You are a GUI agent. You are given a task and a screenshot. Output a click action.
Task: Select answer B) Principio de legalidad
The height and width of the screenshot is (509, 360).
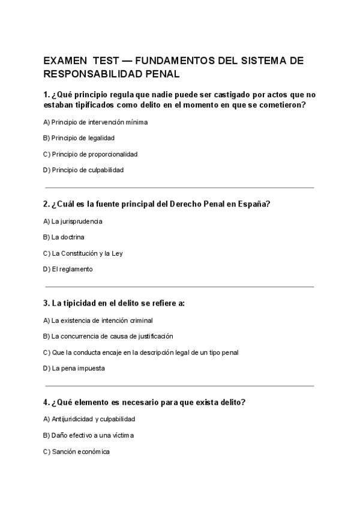pyautogui.click(x=79, y=138)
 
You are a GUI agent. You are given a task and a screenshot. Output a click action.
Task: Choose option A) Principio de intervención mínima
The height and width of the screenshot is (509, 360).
pyautogui.click(x=95, y=122)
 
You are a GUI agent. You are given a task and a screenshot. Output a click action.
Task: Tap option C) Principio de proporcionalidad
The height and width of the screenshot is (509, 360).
pyautogui.click(x=90, y=154)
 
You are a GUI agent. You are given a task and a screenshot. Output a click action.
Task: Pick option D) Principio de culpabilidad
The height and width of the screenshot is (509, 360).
pyautogui.click(x=83, y=170)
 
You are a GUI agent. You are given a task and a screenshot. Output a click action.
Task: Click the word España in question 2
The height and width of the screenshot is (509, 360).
pyautogui.click(x=253, y=203)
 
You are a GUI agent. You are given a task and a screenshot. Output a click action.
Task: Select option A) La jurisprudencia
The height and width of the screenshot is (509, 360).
pyautogui.click(x=73, y=221)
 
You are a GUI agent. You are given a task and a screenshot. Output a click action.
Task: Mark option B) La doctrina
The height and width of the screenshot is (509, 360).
pyautogui.click(x=64, y=237)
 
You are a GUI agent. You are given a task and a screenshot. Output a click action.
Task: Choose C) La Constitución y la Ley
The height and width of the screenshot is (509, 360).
pyautogui.click(x=83, y=253)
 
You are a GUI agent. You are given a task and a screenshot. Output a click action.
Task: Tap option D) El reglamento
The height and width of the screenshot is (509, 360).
pyautogui.click(x=68, y=269)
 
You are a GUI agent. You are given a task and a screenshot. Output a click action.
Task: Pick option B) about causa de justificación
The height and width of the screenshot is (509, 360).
pyautogui.click(x=108, y=336)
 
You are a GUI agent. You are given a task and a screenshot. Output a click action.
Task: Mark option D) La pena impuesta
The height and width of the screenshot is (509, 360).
pyautogui.click(x=74, y=368)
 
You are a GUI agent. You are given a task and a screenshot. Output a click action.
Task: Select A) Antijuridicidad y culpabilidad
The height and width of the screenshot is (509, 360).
pyautogui.click(x=89, y=419)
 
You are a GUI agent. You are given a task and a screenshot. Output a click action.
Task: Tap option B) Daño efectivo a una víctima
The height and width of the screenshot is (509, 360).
pyautogui.click(x=88, y=435)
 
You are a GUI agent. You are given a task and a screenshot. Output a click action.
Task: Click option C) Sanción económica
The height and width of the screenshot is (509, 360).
pyautogui.click(x=76, y=451)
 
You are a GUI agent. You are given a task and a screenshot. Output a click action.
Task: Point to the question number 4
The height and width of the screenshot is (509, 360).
pyautogui.click(x=46, y=402)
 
